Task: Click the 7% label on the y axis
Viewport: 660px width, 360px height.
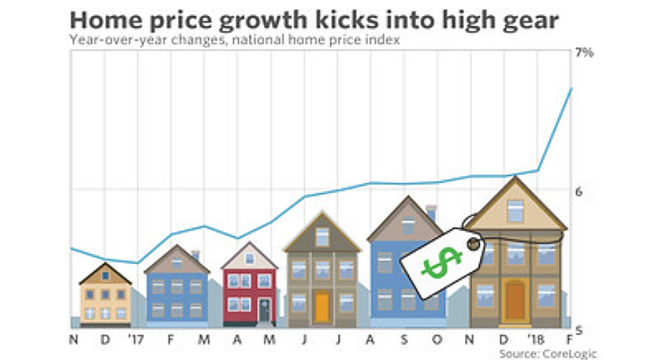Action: (x=585, y=53)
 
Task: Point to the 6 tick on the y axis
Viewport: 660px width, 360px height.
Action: (x=579, y=192)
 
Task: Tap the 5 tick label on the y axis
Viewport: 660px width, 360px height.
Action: (x=579, y=330)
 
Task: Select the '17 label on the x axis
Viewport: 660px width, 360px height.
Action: (x=137, y=340)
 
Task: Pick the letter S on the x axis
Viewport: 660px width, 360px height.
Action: (x=404, y=340)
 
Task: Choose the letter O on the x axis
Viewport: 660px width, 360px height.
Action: (x=437, y=340)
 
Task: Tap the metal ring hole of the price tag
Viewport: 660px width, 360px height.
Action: (x=473, y=243)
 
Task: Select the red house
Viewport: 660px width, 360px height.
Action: (x=249, y=287)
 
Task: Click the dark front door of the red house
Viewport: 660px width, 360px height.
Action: (x=264, y=309)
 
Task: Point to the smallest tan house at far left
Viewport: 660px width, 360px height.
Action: (x=105, y=294)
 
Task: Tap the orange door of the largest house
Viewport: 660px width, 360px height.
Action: (x=515, y=300)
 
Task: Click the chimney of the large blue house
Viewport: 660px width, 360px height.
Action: (x=431, y=212)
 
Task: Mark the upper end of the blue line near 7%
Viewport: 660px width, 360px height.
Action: (x=571, y=89)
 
